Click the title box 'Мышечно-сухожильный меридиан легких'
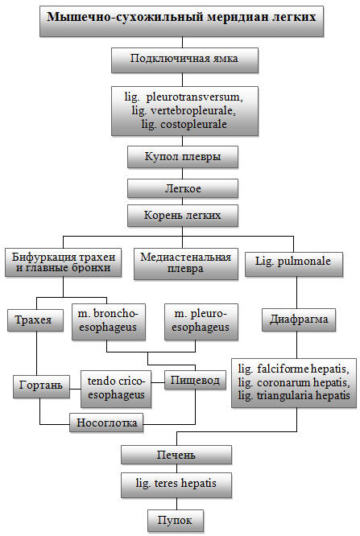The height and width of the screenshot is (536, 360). pos(181,21)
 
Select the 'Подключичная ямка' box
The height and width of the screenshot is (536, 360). pos(184,60)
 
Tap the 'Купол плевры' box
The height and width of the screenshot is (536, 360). pos(183,157)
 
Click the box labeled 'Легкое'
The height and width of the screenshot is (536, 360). pos(183,188)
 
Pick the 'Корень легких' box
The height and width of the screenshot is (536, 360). pos(183,216)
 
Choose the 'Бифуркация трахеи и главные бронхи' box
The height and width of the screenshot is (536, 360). pos(64,262)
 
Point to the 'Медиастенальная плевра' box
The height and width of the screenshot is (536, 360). pos(186,264)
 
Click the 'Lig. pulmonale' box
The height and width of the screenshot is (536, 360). pos(294,264)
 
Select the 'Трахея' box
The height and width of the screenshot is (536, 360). pos(35,320)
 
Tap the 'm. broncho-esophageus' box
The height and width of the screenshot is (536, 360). pos(109,322)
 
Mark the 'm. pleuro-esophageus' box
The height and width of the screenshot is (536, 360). pos(201,322)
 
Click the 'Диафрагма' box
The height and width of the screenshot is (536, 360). pos(299,320)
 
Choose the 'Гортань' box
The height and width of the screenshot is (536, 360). pos(41,386)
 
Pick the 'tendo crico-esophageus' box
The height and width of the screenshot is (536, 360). pos(116,389)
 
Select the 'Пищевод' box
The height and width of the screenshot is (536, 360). pos(195,380)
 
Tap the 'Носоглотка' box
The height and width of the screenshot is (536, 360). pos(106,423)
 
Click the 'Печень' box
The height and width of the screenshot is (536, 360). pos(176,455)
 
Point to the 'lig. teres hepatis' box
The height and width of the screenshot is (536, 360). pos(176,485)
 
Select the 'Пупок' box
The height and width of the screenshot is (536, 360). pos(176,521)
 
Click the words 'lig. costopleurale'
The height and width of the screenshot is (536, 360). pos(184,124)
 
